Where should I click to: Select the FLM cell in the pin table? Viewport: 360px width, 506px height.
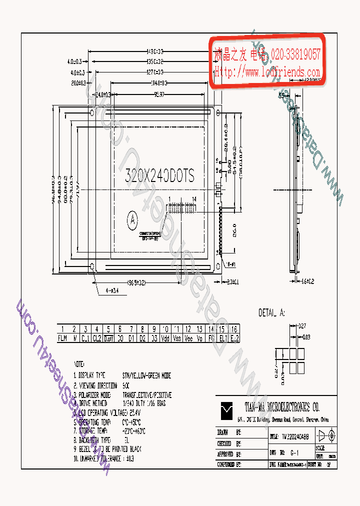coord(62,338)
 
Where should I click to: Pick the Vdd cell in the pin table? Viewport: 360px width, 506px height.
coord(165,338)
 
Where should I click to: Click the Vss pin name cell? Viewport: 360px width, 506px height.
coord(176,338)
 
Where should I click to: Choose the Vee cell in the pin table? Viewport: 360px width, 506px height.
coord(188,338)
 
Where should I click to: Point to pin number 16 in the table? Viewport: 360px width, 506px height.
coord(234,329)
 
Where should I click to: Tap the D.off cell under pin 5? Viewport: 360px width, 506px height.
coord(108,338)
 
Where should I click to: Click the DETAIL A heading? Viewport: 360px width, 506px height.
coord(271,313)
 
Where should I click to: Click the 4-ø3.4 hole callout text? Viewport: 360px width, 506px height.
coord(112,289)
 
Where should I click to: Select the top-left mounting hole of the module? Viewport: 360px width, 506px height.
coord(91,113)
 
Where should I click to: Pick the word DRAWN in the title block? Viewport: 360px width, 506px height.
coord(223,431)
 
